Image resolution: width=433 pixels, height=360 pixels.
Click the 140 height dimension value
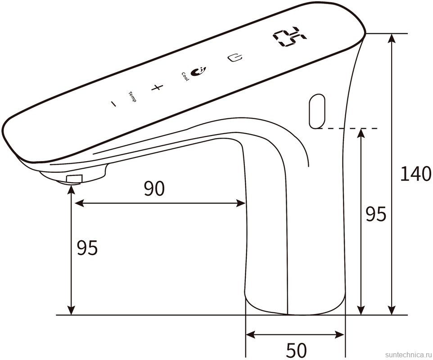coord(415,174)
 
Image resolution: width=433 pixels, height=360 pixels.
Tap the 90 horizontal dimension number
coord(154,189)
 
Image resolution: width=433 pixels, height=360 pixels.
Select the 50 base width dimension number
coord(296,350)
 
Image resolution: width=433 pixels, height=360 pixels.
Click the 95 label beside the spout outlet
coord(87,248)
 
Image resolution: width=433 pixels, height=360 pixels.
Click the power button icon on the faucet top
coord(235,58)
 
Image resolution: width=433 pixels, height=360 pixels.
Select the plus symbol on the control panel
coord(157,88)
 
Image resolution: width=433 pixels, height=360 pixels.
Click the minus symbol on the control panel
coord(113,103)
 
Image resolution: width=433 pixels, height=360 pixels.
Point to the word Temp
coord(132,97)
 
